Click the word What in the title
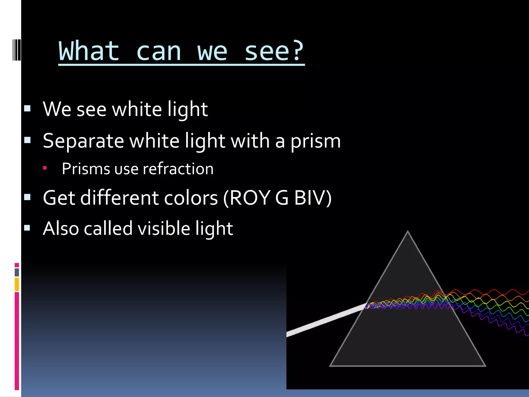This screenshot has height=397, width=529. pyautogui.click(x=89, y=51)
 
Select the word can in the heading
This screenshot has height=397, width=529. pyautogui.click(x=159, y=52)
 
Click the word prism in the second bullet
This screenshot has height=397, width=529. pyautogui.click(x=316, y=142)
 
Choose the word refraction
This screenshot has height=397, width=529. pyautogui.click(x=178, y=169)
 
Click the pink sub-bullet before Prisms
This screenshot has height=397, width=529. pyautogui.click(x=45, y=168)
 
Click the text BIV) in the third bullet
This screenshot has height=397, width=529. pyautogui.click(x=313, y=198)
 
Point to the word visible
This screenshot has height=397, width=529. pyautogui.click(x=164, y=229)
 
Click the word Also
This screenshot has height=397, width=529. pyautogui.click(x=61, y=229)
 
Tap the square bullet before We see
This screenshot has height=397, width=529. pyautogui.click(x=27, y=108)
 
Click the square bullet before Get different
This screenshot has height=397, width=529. pyautogui.click(x=27, y=197)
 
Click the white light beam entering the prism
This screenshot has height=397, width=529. pyautogui.click(x=325, y=320)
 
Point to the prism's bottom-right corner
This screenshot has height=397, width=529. pyautogui.click(x=485, y=365)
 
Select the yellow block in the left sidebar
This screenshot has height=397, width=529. pyautogui.click(x=17, y=284)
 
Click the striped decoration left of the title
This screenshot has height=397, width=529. pyautogui.click(x=17, y=50)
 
